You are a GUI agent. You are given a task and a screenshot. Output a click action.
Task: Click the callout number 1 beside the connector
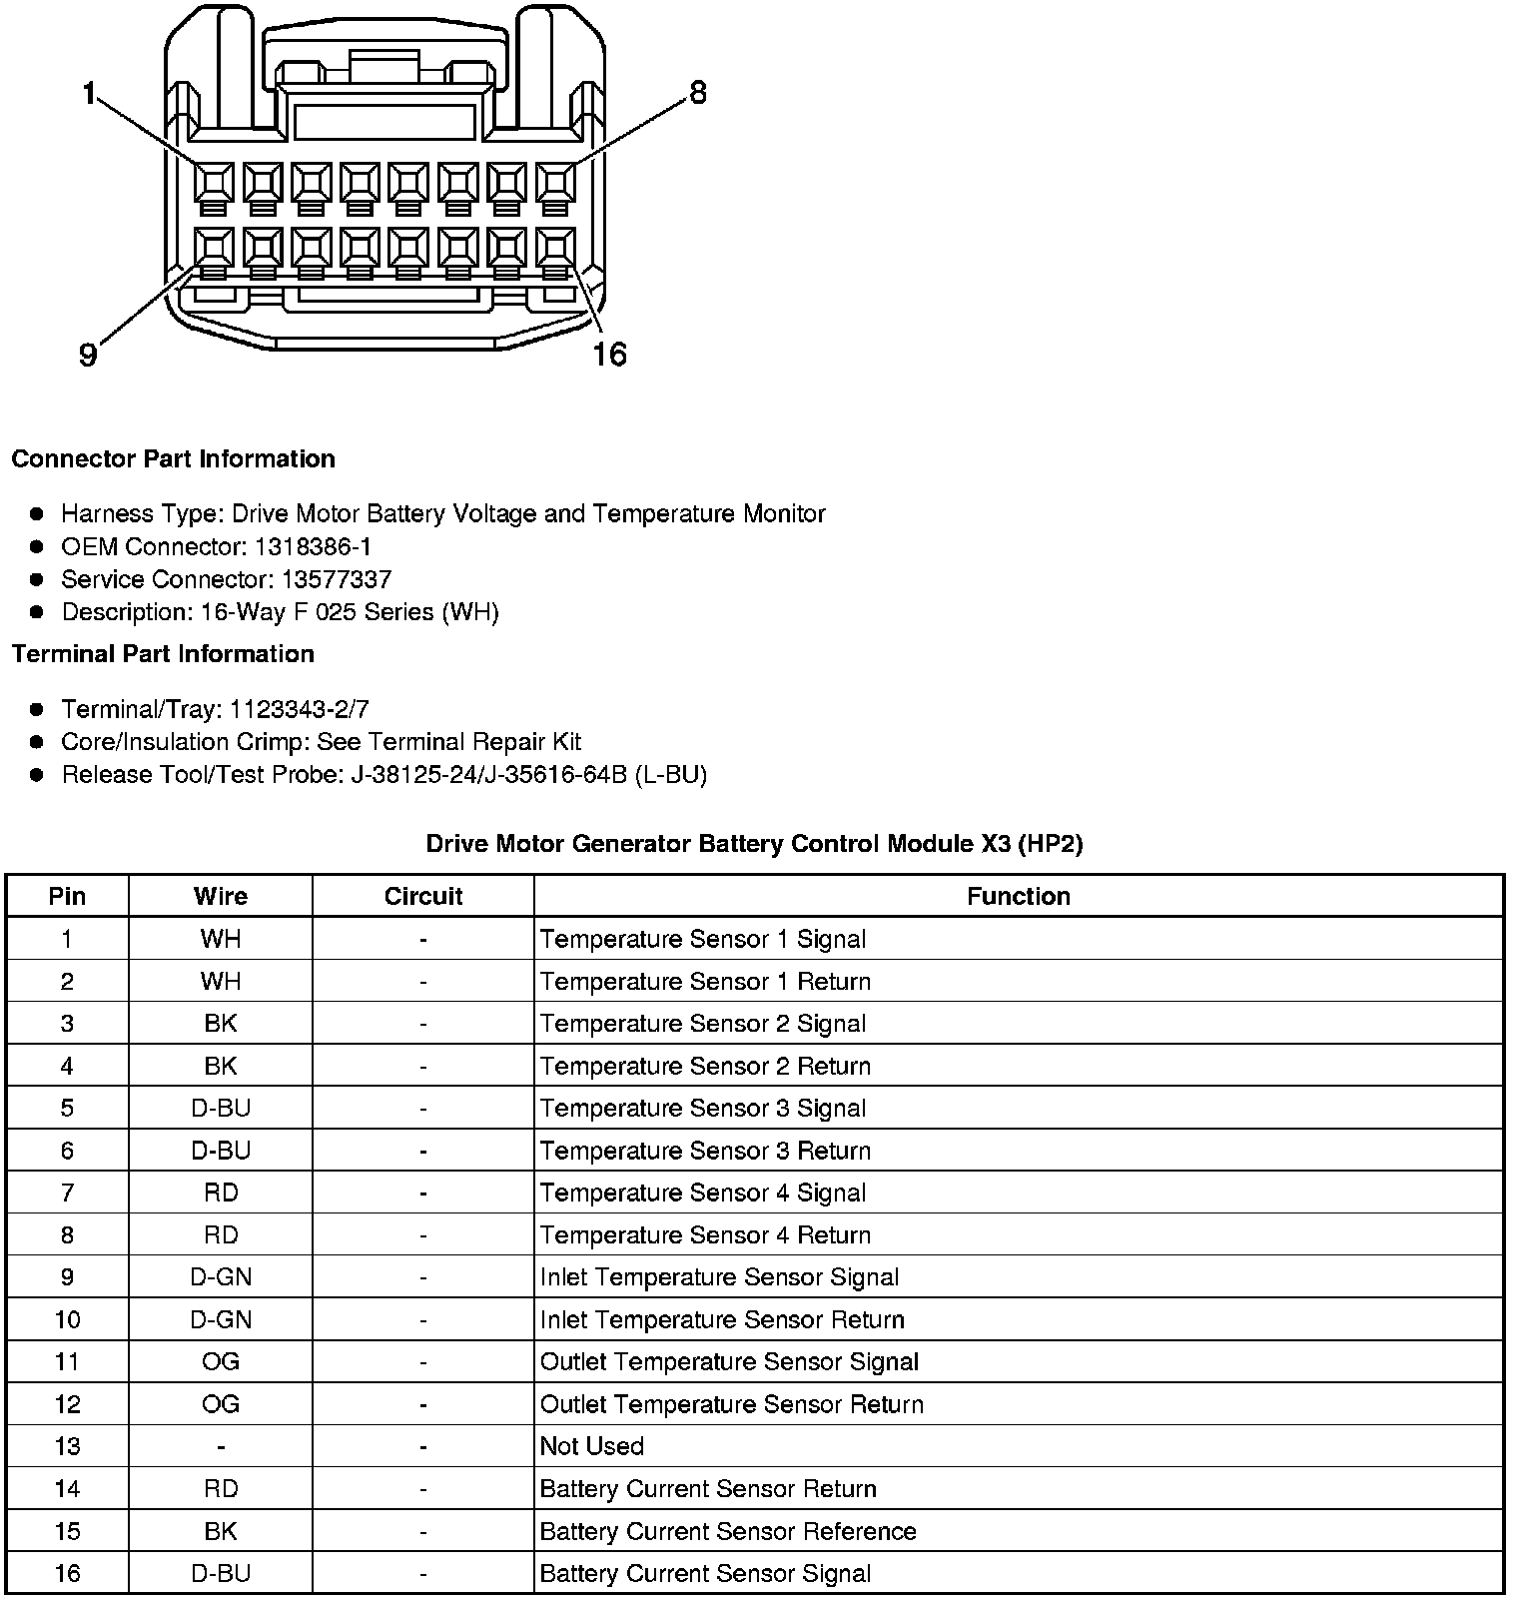[x=89, y=95]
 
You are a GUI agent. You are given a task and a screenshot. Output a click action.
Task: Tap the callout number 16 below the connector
[x=609, y=355]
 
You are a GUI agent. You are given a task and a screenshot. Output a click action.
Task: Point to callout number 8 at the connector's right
[x=698, y=93]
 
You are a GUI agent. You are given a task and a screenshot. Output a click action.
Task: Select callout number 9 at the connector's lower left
[x=88, y=355]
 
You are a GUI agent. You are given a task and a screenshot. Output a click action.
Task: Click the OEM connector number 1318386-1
[x=313, y=546]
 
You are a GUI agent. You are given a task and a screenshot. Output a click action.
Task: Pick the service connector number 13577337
[x=337, y=579]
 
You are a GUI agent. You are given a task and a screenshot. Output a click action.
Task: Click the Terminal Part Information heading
[x=163, y=654]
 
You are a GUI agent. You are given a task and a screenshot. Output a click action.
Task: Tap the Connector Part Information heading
[x=173, y=459]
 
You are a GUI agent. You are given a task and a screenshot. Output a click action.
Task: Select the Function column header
[x=1018, y=896]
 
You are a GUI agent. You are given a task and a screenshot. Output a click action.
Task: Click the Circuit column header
[x=422, y=896]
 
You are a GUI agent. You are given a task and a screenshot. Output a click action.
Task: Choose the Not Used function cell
[x=591, y=1446]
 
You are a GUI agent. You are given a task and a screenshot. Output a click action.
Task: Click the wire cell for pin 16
[x=221, y=1573]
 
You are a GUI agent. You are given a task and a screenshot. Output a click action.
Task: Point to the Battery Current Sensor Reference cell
[x=727, y=1531]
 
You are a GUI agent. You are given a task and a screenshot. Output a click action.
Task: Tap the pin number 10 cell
[x=67, y=1319]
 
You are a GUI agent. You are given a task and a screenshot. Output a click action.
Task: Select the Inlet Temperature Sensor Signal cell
[x=719, y=1277]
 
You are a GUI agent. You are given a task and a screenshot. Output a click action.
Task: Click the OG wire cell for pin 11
[x=221, y=1361]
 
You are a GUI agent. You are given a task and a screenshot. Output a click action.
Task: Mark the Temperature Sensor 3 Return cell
[x=705, y=1151]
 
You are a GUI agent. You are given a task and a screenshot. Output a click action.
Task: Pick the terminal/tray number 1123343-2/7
[x=299, y=709]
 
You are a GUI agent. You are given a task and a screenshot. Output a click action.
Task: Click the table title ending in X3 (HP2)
[x=754, y=844]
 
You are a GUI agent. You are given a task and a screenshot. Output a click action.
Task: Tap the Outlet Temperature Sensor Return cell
[x=731, y=1404]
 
